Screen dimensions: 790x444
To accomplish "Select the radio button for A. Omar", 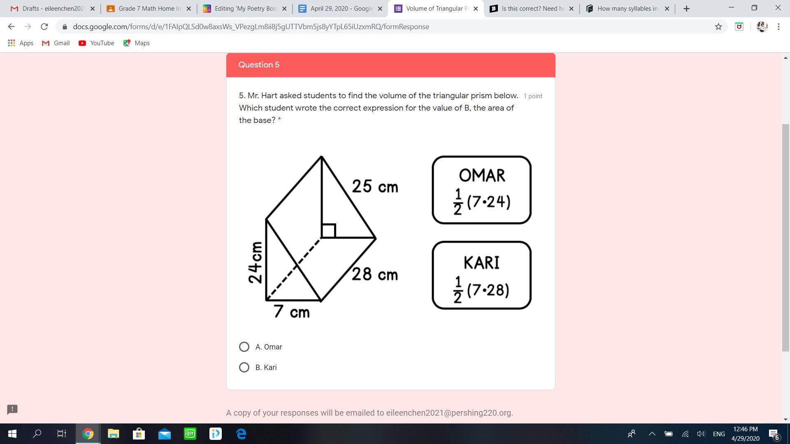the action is (x=244, y=347).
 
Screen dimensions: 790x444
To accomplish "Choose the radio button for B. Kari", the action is (x=244, y=368).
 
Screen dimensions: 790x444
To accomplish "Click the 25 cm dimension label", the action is (x=375, y=187).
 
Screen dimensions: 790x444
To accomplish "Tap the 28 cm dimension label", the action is (x=375, y=274).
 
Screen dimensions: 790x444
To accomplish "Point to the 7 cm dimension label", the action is (x=292, y=312).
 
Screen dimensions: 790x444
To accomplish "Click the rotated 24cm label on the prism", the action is (x=256, y=262).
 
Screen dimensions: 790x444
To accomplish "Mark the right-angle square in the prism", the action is (x=328, y=231).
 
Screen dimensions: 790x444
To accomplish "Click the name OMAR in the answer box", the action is (x=482, y=176).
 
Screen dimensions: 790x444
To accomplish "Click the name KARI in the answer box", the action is (x=481, y=263).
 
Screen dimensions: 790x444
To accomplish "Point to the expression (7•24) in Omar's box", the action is (x=489, y=202).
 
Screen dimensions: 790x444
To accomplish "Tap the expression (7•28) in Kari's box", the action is (x=488, y=290).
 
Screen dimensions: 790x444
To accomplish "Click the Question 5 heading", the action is (x=259, y=65).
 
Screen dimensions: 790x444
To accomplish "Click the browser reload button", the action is (x=44, y=27).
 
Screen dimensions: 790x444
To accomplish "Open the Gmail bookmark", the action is (x=56, y=43).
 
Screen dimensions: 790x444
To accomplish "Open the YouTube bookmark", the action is (x=96, y=43).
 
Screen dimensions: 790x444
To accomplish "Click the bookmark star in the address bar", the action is (x=718, y=27).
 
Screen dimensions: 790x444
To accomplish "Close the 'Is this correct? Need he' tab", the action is (x=571, y=9).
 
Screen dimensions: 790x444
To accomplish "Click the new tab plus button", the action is (x=686, y=9).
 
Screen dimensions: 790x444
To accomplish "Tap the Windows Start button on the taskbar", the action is (x=12, y=434).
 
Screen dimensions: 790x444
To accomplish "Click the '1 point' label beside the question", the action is (x=533, y=96).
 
